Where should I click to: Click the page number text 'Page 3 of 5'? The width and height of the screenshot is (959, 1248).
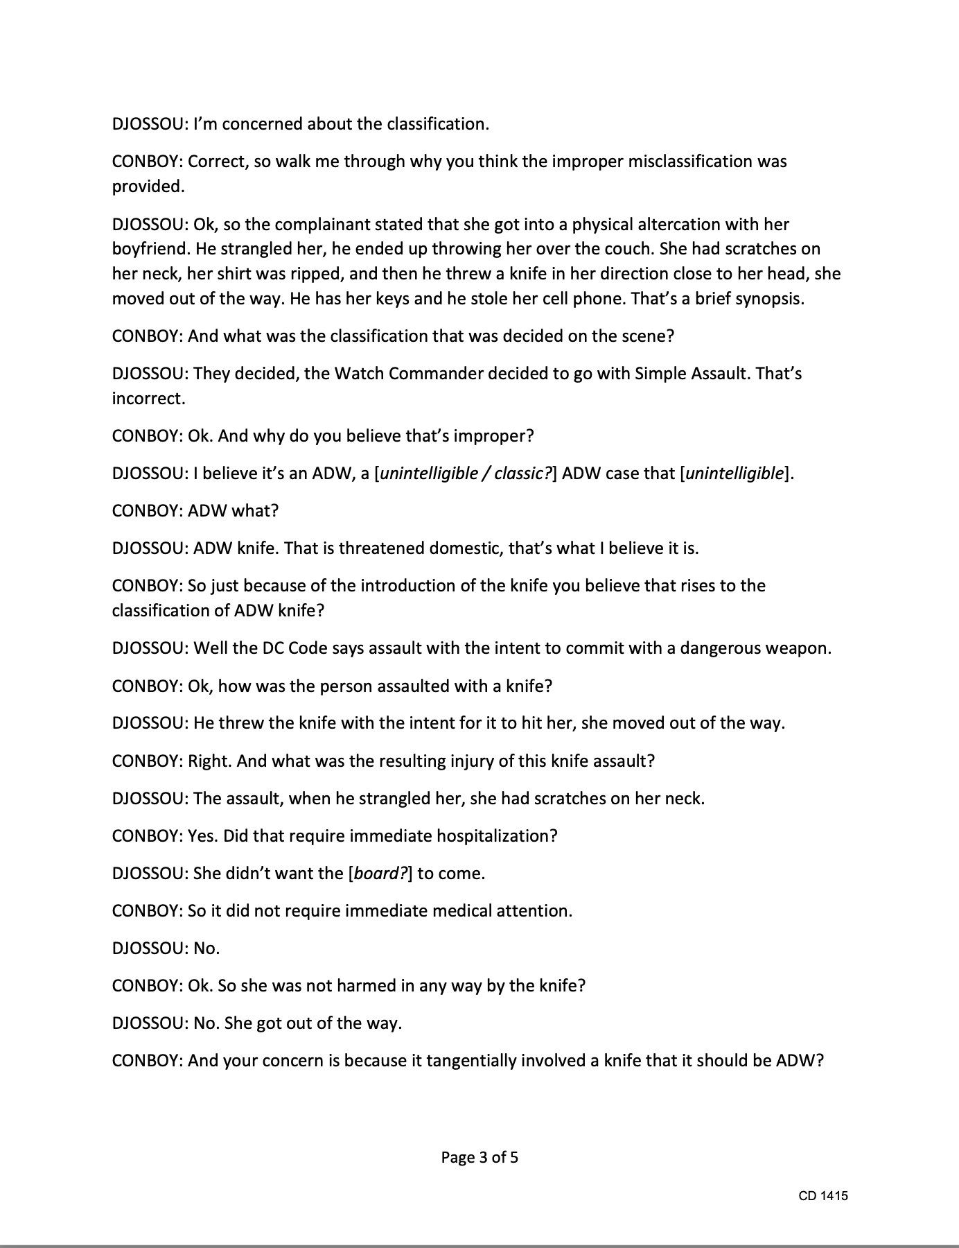point(479,1157)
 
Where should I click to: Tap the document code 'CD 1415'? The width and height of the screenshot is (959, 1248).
point(822,1195)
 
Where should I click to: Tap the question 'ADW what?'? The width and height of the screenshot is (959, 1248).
point(233,511)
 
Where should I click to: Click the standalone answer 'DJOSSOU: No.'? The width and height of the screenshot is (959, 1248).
point(166,948)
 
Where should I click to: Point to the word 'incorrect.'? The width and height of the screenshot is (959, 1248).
point(148,399)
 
